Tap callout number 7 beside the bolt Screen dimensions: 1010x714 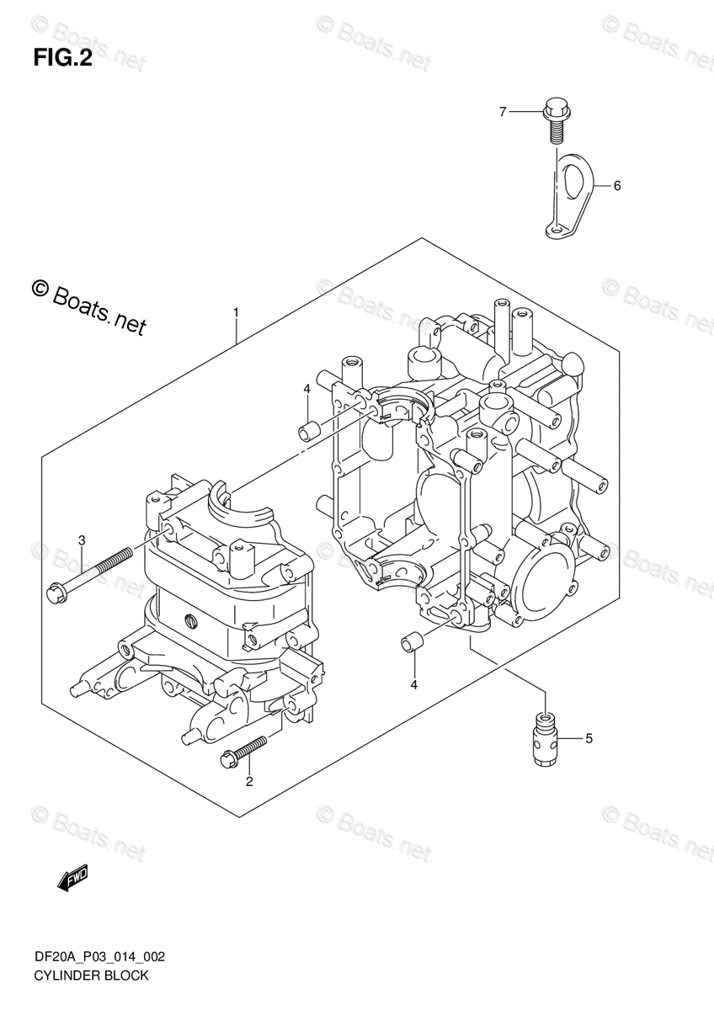pyautogui.click(x=503, y=111)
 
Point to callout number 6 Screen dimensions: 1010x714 pyautogui.click(x=616, y=186)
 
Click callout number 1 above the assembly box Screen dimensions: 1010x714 pyautogui.click(x=237, y=313)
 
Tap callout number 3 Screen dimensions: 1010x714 pyautogui.click(x=82, y=539)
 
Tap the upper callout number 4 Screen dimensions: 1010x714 pyautogui.click(x=307, y=389)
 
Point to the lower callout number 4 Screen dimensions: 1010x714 pyautogui.click(x=413, y=685)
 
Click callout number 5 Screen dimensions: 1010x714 pyautogui.click(x=589, y=739)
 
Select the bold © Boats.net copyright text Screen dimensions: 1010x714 pyautogui.click(x=88, y=307)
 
